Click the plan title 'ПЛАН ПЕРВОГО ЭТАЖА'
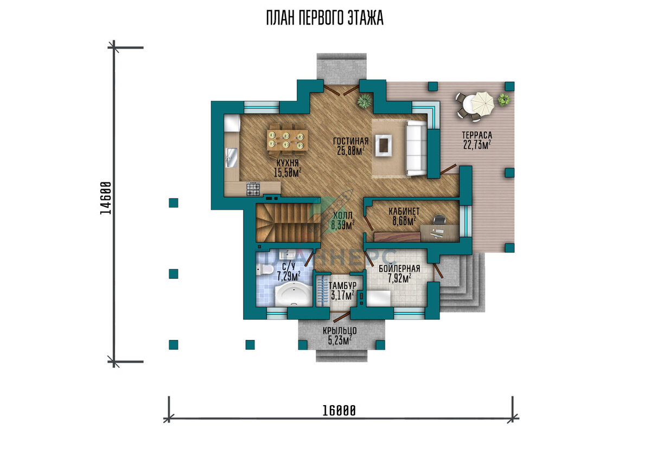pyautogui.click(x=324, y=18)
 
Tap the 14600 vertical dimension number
pyautogui.click(x=105, y=198)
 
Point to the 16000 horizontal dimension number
pyautogui.click(x=339, y=411)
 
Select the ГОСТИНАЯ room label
pyautogui.click(x=351, y=141)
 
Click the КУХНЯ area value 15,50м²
pyautogui.click(x=288, y=173)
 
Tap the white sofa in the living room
pyautogui.click(x=416, y=148)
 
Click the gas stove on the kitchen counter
pyautogui.click(x=253, y=189)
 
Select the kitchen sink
pyautogui.click(x=231, y=158)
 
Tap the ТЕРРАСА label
pyautogui.click(x=477, y=135)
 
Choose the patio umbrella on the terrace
pyautogui.click(x=482, y=103)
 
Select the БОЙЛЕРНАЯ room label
pyautogui.click(x=399, y=269)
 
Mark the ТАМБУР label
pyautogui.click(x=342, y=286)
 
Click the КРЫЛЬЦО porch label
pyautogui.click(x=340, y=331)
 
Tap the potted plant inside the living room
pyautogui.click(x=365, y=101)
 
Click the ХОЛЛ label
pyautogui.click(x=343, y=216)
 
